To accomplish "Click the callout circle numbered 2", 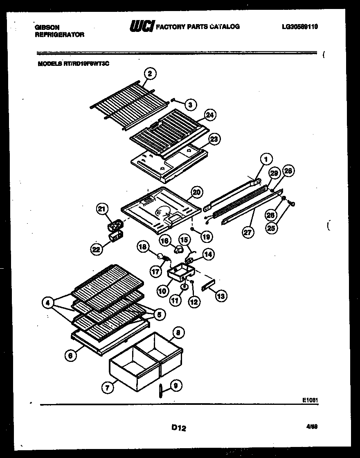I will tap(150, 74).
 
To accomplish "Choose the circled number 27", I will tap(248, 232).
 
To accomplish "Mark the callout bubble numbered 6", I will tap(70, 356).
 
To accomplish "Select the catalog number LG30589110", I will tap(299, 27).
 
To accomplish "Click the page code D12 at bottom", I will tap(179, 428).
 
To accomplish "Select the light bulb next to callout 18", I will tap(157, 256).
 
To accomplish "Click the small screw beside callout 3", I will tap(175, 99).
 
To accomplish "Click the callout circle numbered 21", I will tap(102, 210).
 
